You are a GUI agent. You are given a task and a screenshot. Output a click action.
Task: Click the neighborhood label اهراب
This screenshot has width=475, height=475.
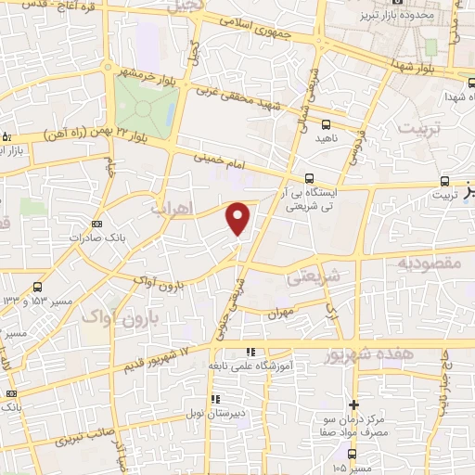(173, 210)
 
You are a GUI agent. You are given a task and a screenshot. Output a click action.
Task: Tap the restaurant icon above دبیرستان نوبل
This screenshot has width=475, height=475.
(216, 400)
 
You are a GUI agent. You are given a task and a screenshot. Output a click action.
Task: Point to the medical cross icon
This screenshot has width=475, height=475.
(353, 404)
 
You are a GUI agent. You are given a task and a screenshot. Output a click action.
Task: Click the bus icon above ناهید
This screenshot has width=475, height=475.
(326, 123)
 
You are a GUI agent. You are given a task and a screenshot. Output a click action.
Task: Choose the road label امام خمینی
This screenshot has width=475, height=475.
(217, 160)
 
